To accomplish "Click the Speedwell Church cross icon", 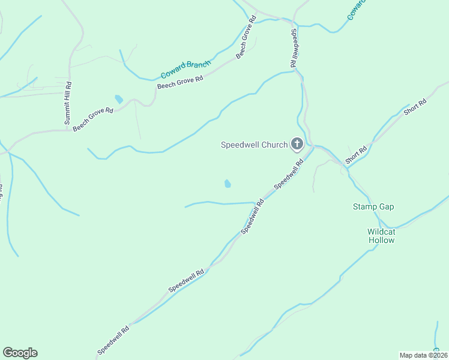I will pos(297,144).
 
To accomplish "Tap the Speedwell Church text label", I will pos(255,145).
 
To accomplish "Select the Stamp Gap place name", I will pos(373,206).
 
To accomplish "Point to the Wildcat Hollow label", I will pos(381,236).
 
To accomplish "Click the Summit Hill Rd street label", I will pos(68,103).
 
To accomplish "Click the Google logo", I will pos(20,353).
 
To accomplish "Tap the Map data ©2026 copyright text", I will pos(423,355).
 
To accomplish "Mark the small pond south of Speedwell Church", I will pos(228,183).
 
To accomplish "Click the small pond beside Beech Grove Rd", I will pos(119,99).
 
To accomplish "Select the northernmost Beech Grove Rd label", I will pos(246,38).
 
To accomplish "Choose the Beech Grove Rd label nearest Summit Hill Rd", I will pos(93,119).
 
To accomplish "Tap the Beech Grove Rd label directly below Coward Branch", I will pos(180,82).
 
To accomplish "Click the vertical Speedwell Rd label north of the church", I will pos(294,47).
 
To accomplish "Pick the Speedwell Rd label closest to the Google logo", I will pos(113,340).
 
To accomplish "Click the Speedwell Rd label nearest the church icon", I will pos(288,179).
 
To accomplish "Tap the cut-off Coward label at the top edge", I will pos(357,9).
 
